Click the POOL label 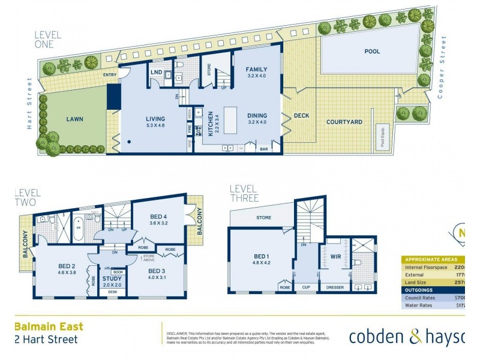[372, 52]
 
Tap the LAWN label [75, 119]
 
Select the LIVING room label [155, 119]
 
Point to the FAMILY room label [256, 70]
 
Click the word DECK [301, 116]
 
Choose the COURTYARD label [344, 122]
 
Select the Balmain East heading [49, 327]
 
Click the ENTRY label [110, 75]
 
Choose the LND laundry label [156, 73]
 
